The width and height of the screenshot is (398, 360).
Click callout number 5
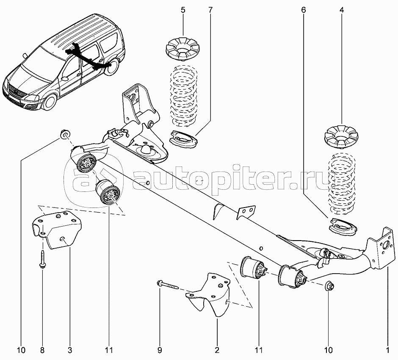pos(183,10)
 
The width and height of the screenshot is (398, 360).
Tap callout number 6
pos(303,10)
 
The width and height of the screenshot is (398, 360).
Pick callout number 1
pos(387,350)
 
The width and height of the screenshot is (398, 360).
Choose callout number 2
pos(217,350)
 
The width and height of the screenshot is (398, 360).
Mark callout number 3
pos(70,350)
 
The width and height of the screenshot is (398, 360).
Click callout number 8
pos(43,350)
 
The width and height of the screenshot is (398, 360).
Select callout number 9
pos(160,350)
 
